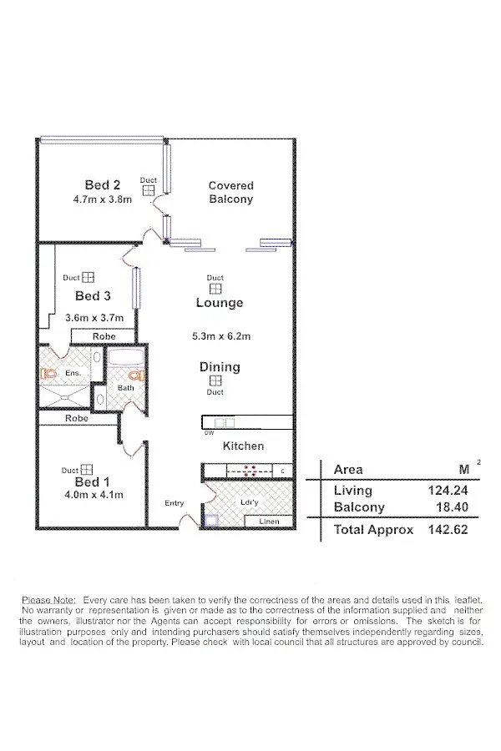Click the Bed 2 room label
tap(103, 184)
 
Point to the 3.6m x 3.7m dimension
tap(94, 318)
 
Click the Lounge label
tap(220, 303)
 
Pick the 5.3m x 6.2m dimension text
tap(221, 337)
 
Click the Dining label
tap(220, 367)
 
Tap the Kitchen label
tap(243, 446)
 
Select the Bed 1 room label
tap(93, 481)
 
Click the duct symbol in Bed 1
tap(86, 471)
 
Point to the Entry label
tap(174, 503)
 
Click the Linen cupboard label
tap(270, 522)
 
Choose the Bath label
tap(125, 388)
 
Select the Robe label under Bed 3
tap(104, 336)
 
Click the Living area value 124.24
tap(438, 491)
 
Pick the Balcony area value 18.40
tap(442, 507)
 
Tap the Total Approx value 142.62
tap(438, 530)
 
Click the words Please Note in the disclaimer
tap(48, 600)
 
